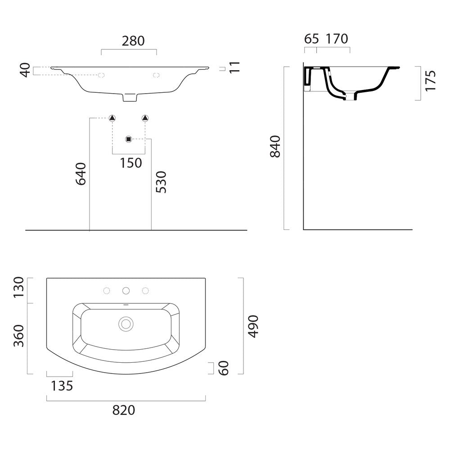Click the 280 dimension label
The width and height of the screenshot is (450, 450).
click(133, 41)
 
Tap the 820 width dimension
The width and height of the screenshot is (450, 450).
click(123, 410)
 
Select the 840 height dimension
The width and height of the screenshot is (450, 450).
click(275, 146)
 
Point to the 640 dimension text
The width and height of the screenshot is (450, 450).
click(81, 174)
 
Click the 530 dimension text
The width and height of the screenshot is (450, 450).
click(161, 182)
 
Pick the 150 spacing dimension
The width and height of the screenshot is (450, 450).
click(131, 163)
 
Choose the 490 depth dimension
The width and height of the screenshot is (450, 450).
click(253, 326)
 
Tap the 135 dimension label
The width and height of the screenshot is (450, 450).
click(62, 386)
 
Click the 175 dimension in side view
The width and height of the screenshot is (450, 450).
click(431, 81)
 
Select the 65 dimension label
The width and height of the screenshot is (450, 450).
click(311, 39)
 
